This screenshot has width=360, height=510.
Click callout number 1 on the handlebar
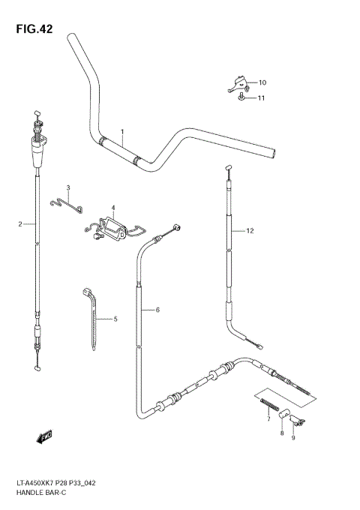coord(121,132)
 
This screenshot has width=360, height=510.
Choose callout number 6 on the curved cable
coord(158,310)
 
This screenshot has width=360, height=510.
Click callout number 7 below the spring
coord(268,420)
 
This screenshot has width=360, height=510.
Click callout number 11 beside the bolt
coord(262,98)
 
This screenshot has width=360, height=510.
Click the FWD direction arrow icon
coord(44,435)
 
